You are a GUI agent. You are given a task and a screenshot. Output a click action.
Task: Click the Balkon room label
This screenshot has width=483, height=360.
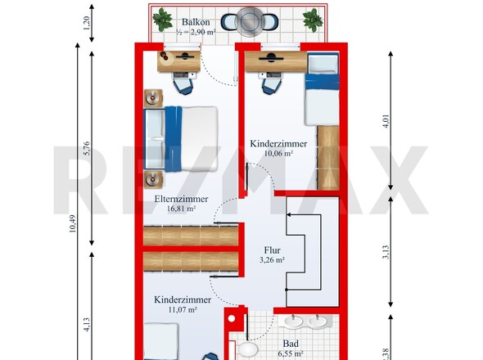[x=196, y=22]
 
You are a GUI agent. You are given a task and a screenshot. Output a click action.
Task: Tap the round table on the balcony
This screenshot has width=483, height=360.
[x=249, y=21]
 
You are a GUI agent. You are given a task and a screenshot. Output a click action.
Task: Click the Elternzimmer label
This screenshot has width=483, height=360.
[x=181, y=199]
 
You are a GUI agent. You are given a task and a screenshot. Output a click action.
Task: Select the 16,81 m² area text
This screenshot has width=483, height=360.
[x=181, y=209]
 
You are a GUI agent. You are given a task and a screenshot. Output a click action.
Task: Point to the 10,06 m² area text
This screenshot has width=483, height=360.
[x=278, y=153]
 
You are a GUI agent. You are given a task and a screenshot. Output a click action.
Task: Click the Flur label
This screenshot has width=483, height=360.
[x=272, y=250]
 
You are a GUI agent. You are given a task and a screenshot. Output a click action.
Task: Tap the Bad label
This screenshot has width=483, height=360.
[x=291, y=344]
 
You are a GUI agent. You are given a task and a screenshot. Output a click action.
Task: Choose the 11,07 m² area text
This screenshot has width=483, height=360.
[x=183, y=309]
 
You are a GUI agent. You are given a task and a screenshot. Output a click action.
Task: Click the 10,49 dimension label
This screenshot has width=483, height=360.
[x=73, y=223]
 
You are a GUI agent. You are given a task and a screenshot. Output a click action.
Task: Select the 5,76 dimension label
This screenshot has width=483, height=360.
[x=87, y=148]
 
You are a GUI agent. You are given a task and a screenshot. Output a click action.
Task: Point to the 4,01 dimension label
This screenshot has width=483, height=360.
[x=386, y=121]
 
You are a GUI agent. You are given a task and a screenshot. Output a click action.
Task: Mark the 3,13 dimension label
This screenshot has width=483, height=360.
[x=386, y=252]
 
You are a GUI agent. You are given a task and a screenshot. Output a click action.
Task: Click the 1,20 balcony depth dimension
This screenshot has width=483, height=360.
[x=87, y=24]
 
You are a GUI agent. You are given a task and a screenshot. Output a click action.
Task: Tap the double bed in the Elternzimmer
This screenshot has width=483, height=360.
[x=181, y=139]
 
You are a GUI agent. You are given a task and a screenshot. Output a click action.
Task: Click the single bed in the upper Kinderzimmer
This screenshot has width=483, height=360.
[x=323, y=88]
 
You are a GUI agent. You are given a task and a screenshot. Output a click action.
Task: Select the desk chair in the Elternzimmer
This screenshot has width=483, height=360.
[x=183, y=86]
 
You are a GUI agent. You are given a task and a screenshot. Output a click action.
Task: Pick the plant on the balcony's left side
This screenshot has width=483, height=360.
[x=162, y=20]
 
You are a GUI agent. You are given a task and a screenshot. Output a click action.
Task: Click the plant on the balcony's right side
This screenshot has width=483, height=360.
[x=313, y=20]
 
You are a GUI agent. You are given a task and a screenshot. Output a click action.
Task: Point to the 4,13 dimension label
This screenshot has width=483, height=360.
[x=87, y=325]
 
